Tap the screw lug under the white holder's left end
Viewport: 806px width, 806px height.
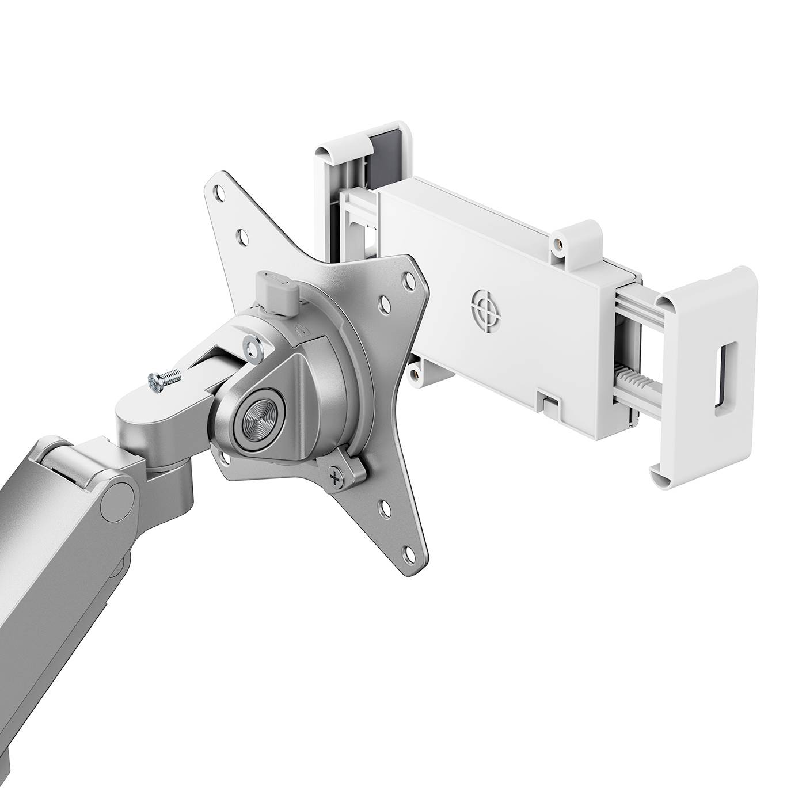[x=415, y=375]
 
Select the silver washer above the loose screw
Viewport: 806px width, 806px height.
[x=252, y=346]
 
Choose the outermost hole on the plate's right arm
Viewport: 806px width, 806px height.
[x=409, y=278]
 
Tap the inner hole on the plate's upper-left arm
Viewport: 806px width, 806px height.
[x=242, y=235]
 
